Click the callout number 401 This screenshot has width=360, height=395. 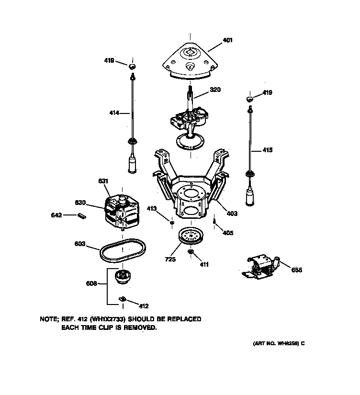(227, 41)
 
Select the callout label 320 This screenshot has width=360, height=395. (215, 90)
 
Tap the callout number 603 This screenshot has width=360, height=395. (79, 244)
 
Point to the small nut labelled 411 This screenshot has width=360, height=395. (191, 252)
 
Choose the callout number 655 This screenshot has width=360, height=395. (296, 270)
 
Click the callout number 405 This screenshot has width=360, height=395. (228, 233)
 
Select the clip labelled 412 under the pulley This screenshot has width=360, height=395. (122, 299)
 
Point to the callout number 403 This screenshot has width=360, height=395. (232, 214)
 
